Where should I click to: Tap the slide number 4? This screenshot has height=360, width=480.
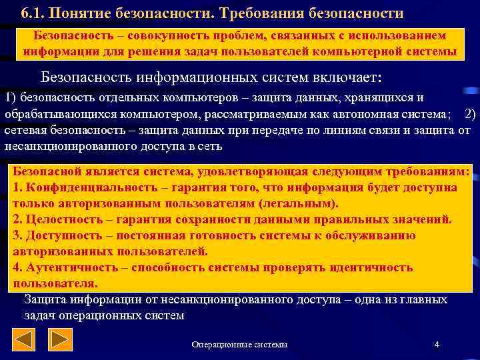tap(436, 344)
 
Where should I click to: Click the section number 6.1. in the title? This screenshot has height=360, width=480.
tap(33, 13)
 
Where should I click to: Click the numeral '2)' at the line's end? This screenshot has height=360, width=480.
tap(469, 113)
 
